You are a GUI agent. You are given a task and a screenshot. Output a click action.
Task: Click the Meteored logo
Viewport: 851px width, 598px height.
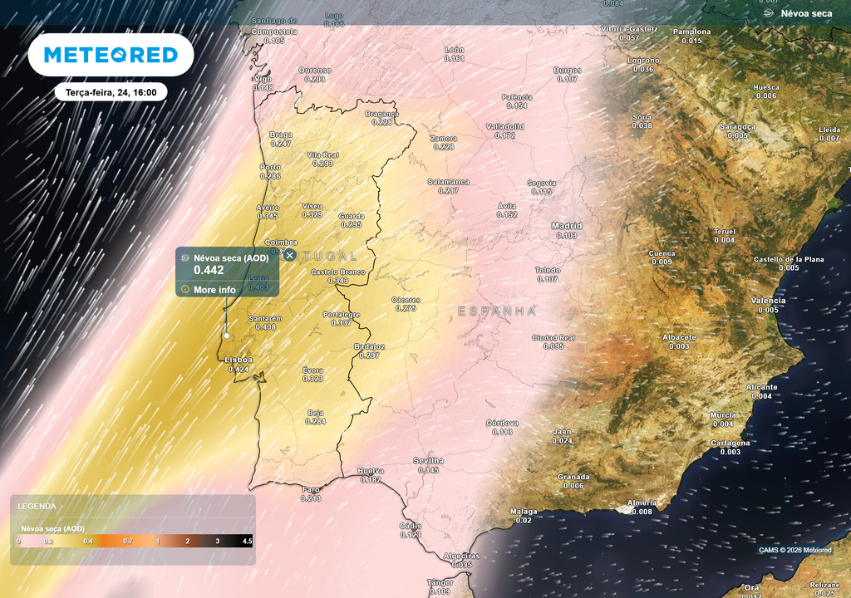click(111, 55)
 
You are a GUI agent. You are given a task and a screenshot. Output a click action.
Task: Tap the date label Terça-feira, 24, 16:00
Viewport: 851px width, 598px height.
click(111, 92)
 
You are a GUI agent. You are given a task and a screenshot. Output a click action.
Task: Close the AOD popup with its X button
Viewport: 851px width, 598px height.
click(289, 255)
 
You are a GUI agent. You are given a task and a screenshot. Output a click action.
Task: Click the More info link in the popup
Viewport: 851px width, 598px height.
click(214, 290)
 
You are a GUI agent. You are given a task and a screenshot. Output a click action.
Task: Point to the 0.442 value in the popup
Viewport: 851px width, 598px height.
click(209, 270)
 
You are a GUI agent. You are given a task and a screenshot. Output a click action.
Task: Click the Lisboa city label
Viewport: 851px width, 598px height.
click(239, 360)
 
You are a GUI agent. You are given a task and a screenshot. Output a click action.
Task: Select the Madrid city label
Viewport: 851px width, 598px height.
click(567, 226)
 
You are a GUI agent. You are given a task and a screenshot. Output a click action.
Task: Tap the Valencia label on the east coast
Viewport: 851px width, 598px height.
click(768, 300)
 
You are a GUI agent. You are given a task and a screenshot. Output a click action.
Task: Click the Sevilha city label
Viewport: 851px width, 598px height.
click(429, 460)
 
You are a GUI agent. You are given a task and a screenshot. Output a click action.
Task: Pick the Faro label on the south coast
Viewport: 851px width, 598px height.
click(311, 489)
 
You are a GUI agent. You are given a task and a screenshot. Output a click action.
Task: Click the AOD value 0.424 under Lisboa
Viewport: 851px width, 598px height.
click(239, 369)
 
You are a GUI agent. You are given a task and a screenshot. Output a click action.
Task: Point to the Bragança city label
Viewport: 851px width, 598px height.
click(382, 114)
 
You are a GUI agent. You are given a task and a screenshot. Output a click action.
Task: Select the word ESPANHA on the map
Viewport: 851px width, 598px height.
click(496, 311)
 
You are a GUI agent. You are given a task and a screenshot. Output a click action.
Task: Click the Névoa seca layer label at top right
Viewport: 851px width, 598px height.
click(806, 13)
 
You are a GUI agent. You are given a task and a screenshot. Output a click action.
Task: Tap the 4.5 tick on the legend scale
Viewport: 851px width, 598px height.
click(246, 542)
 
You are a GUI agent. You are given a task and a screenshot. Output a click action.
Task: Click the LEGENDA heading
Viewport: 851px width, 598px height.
click(37, 506)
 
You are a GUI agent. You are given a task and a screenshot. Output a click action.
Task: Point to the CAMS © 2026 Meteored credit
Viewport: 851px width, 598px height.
click(794, 550)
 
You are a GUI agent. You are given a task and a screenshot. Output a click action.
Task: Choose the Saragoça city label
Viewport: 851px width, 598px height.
click(738, 127)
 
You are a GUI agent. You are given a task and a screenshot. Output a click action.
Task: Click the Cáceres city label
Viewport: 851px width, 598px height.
click(406, 300)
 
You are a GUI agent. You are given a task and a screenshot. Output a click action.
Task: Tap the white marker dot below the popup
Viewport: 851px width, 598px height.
click(226, 336)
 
